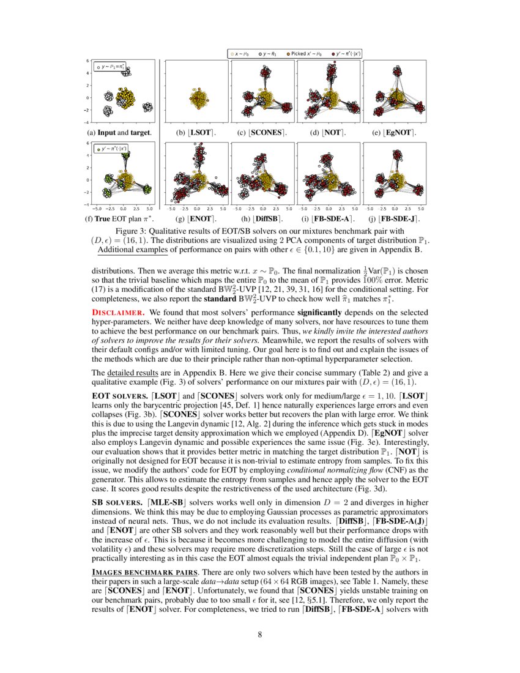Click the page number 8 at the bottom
[x=260, y=634]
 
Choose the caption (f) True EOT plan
[x=121, y=218]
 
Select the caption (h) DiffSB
[x=261, y=218]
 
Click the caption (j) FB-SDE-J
[x=395, y=218]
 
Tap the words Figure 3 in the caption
[x=132, y=231]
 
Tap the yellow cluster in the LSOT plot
[x=198, y=98]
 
